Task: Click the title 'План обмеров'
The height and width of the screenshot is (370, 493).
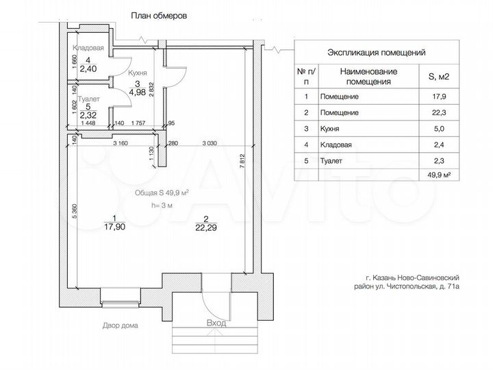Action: pos(159,16)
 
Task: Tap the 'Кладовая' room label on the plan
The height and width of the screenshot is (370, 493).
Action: pos(88,48)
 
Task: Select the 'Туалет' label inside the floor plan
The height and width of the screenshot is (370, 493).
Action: pos(88,99)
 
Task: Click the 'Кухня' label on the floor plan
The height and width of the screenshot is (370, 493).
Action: pos(138,73)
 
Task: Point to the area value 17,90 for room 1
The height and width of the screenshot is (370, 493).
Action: pos(115,227)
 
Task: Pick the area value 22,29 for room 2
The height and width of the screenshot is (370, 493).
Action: pos(206,227)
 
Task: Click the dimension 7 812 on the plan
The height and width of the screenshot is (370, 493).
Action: pos(242,161)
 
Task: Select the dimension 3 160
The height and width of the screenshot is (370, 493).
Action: pos(121,143)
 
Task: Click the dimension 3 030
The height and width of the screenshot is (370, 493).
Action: pos(210,143)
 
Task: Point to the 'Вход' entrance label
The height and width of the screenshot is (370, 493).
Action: pos(216,323)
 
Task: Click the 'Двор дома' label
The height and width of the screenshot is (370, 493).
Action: pos(120,325)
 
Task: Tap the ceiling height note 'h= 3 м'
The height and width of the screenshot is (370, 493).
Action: pos(162,206)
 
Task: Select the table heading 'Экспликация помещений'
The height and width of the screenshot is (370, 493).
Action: pos(377,52)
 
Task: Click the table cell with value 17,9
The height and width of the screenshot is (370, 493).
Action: pos(439,97)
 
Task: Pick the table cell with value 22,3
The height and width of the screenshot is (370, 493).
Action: pos(439,112)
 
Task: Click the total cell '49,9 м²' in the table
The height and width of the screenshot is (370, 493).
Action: pos(439,175)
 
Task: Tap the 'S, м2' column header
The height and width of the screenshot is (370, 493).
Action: pos(439,77)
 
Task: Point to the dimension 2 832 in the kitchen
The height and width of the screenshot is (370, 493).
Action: pos(151,89)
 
